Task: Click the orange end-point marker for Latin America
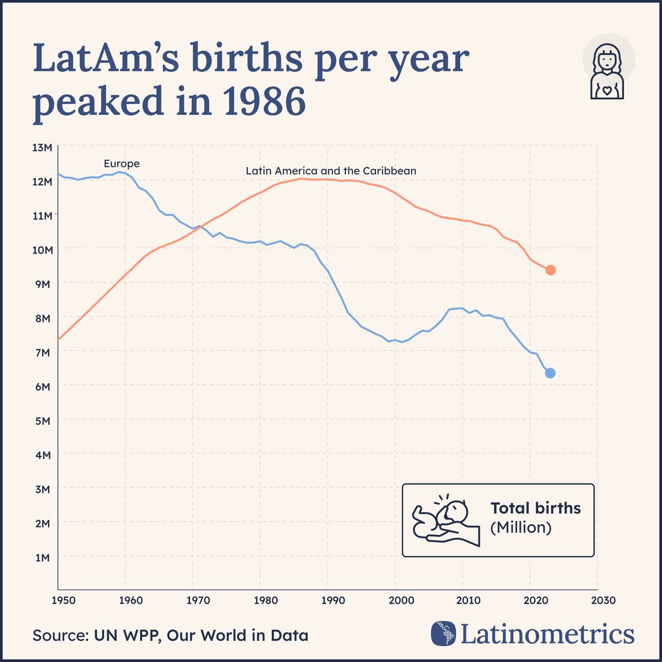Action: click(x=550, y=270)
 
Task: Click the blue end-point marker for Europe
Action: click(x=550, y=373)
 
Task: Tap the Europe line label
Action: click(x=121, y=163)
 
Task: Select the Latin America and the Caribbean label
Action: click(x=330, y=171)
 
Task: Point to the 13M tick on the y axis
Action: click(x=42, y=148)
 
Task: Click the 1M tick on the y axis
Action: click(x=42, y=557)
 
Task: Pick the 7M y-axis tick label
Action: click(x=42, y=353)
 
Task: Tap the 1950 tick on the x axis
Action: click(x=63, y=600)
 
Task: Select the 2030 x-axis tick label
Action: click(x=603, y=600)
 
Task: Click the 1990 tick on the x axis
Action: click(x=333, y=600)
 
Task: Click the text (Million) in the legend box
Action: click(x=521, y=527)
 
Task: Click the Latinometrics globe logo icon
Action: click(x=443, y=633)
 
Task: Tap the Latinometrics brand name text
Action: click(x=547, y=634)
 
